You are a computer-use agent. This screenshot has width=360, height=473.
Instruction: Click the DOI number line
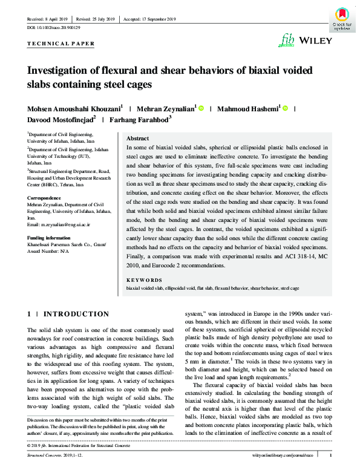pyautogui.click(x=54, y=28)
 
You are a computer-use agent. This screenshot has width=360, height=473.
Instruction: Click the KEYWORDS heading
pyautogui.click(x=144, y=280)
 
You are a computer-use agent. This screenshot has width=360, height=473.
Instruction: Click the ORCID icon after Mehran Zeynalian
pyautogui.click(x=201, y=109)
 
